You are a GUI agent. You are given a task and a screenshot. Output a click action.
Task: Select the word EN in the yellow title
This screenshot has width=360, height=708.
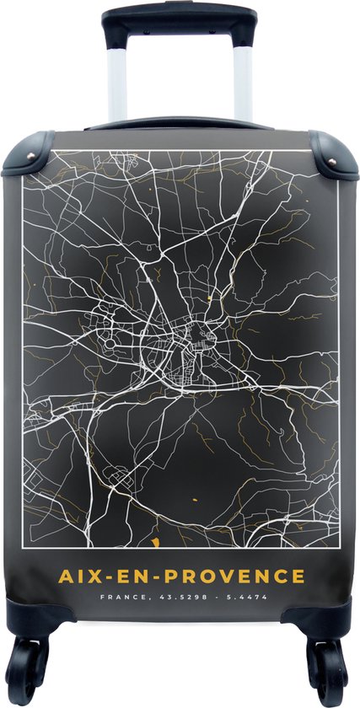[x=132, y=577]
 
